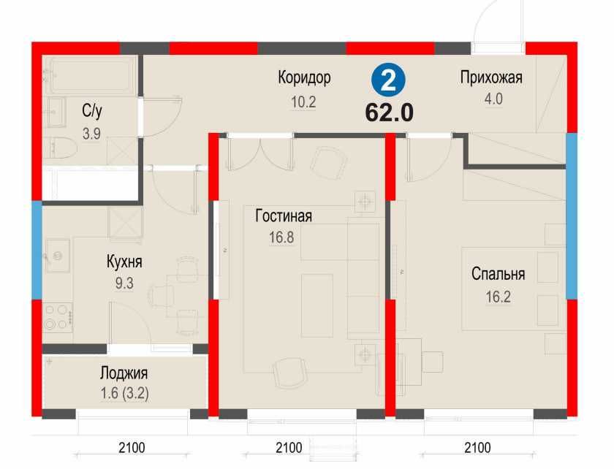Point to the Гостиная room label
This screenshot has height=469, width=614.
(x=284, y=216)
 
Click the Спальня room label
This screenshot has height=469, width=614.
(x=498, y=275)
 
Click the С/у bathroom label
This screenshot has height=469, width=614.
(x=92, y=111)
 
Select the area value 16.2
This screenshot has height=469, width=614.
(x=498, y=297)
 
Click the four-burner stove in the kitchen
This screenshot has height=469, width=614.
(x=56, y=316)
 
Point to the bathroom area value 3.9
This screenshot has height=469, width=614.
(x=91, y=133)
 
